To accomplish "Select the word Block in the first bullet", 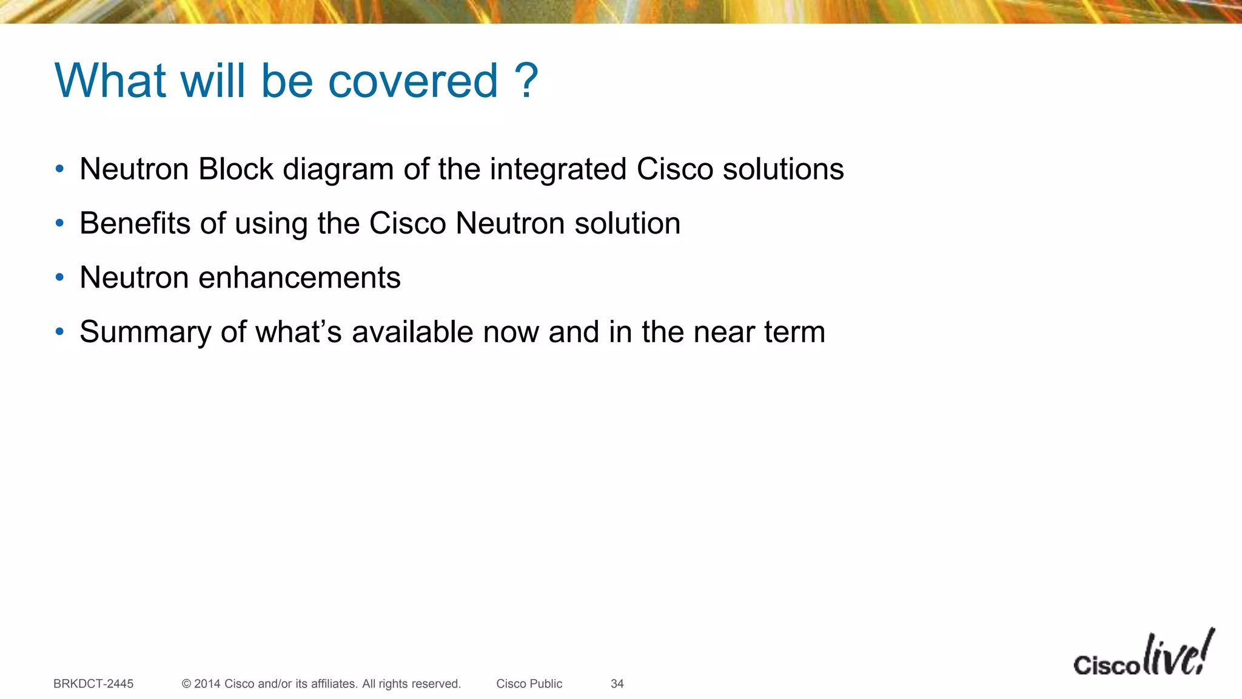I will [x=236, y=169].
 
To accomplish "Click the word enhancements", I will [x=300, y=278].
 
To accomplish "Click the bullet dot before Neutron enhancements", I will [x=59, y=278].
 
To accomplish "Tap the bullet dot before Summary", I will [x=59, y=332].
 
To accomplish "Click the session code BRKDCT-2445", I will [x=93, y=684].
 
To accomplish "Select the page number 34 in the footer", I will [x=617, y=684].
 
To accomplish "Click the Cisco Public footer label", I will [x=529, y=684].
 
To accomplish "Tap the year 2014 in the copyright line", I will [x=207, y=684].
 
